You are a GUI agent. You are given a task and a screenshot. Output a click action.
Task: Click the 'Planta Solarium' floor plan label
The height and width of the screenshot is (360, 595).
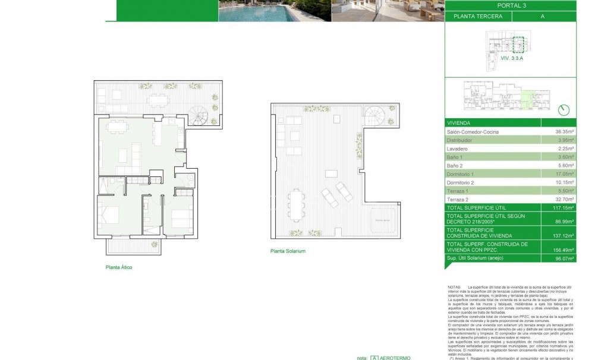click(287, 251)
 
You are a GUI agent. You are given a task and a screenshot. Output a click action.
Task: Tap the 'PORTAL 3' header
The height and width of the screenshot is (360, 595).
click(518, 6)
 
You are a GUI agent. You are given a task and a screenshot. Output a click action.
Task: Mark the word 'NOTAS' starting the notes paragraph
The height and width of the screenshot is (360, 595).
click(455, 286)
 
